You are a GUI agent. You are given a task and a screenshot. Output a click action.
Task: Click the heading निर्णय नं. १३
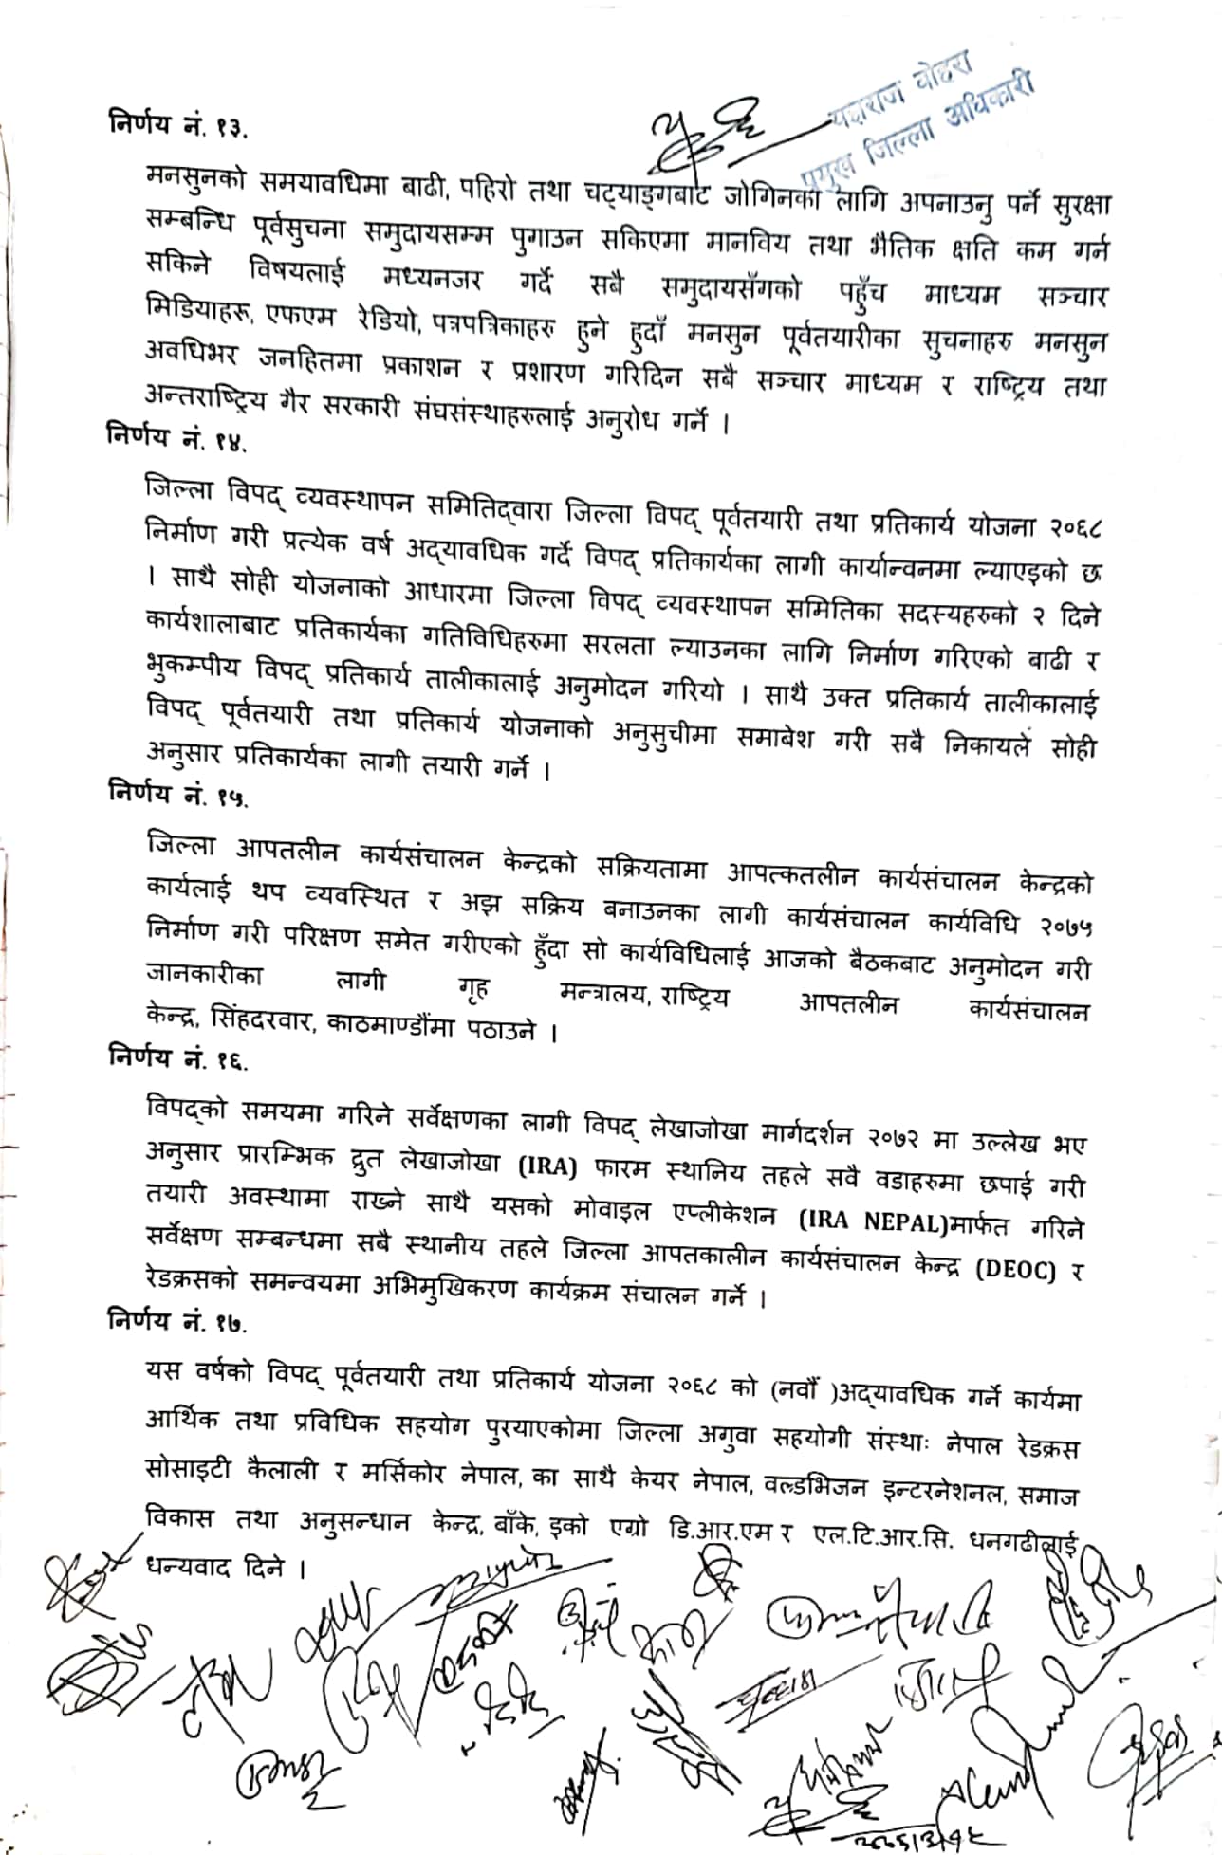(x=177, y=124)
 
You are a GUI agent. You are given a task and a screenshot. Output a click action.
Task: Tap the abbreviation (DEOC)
(x=1014, y=1271)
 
